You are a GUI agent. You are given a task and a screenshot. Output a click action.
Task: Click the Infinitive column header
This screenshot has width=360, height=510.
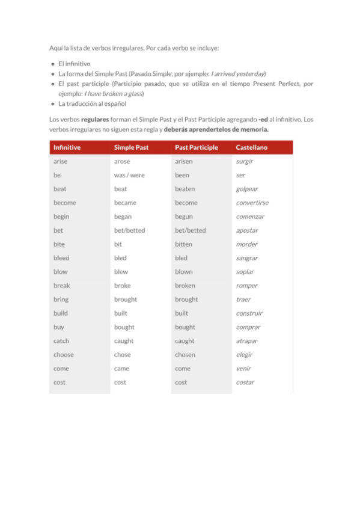67,147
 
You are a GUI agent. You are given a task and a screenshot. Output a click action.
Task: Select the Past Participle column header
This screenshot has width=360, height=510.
197,147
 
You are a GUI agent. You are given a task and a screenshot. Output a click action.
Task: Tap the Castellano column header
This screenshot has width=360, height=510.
252,147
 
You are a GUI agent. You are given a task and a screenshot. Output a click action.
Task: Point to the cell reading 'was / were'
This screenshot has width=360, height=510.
129,175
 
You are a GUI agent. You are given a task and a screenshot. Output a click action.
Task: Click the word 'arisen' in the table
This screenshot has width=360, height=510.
184,161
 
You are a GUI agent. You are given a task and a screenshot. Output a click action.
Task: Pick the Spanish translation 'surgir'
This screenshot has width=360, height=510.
245,161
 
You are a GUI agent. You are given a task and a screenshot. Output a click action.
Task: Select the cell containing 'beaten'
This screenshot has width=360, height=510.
185,189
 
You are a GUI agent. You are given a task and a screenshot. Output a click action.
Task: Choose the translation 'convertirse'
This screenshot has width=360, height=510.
252,203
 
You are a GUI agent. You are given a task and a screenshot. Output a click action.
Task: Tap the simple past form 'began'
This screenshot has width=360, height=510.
123,217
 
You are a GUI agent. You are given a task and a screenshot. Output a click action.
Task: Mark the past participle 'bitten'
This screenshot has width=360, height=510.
184,244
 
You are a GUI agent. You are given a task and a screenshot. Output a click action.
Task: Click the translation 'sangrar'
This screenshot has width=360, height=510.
247,258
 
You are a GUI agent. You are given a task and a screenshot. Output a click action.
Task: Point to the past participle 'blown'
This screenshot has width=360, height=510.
184,272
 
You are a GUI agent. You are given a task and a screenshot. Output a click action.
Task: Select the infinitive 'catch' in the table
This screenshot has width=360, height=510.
61,341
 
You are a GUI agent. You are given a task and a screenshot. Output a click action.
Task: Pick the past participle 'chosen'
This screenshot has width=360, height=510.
185,355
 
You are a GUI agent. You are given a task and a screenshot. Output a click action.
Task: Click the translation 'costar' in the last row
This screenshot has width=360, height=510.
245,382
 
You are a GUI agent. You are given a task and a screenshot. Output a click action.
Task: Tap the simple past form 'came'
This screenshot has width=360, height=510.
121,369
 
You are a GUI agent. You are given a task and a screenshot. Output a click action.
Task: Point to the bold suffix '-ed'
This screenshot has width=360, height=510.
262,119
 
